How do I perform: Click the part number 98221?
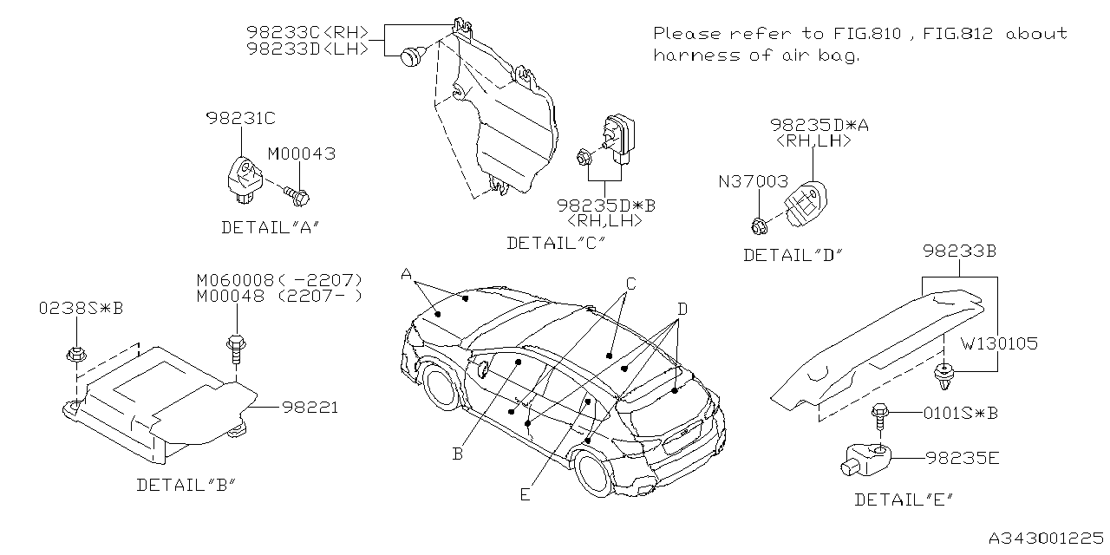tap(309, 407)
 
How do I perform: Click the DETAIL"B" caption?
tap(186, 485)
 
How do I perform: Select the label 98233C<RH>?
tap(308, 33)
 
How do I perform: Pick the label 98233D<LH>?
tap(308, 49)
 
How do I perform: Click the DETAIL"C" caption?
tap(555, 244)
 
